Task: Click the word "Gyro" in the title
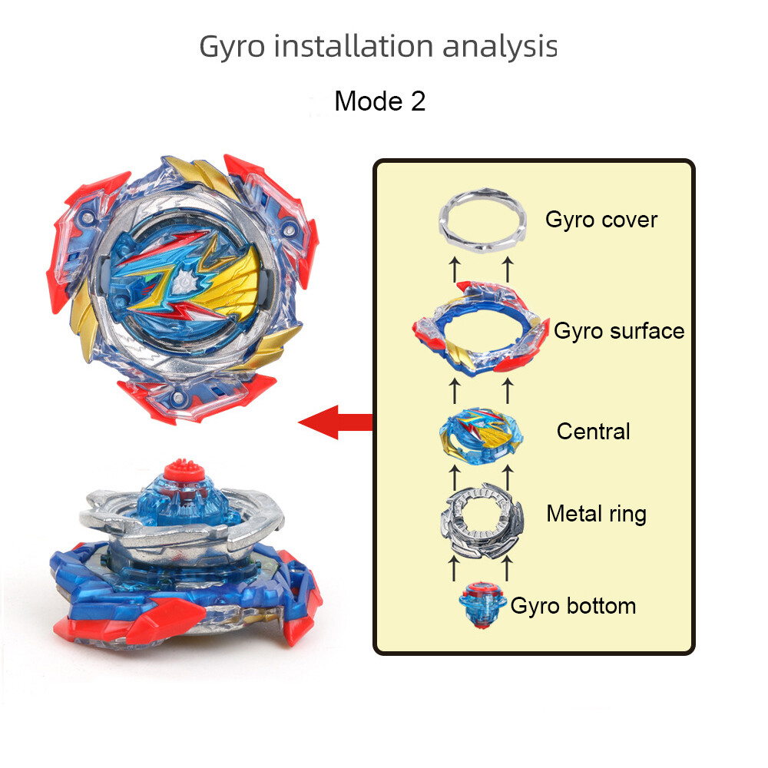(233, 48)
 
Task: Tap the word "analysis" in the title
(499, 46)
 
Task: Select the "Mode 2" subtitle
(379, 101)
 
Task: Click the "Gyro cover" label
(601, 220)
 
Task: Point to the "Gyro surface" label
(619, 331)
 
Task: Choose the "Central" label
(593, 432)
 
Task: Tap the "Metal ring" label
(596, 513)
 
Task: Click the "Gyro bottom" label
(573, 606)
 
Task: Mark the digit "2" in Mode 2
(417, 101)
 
